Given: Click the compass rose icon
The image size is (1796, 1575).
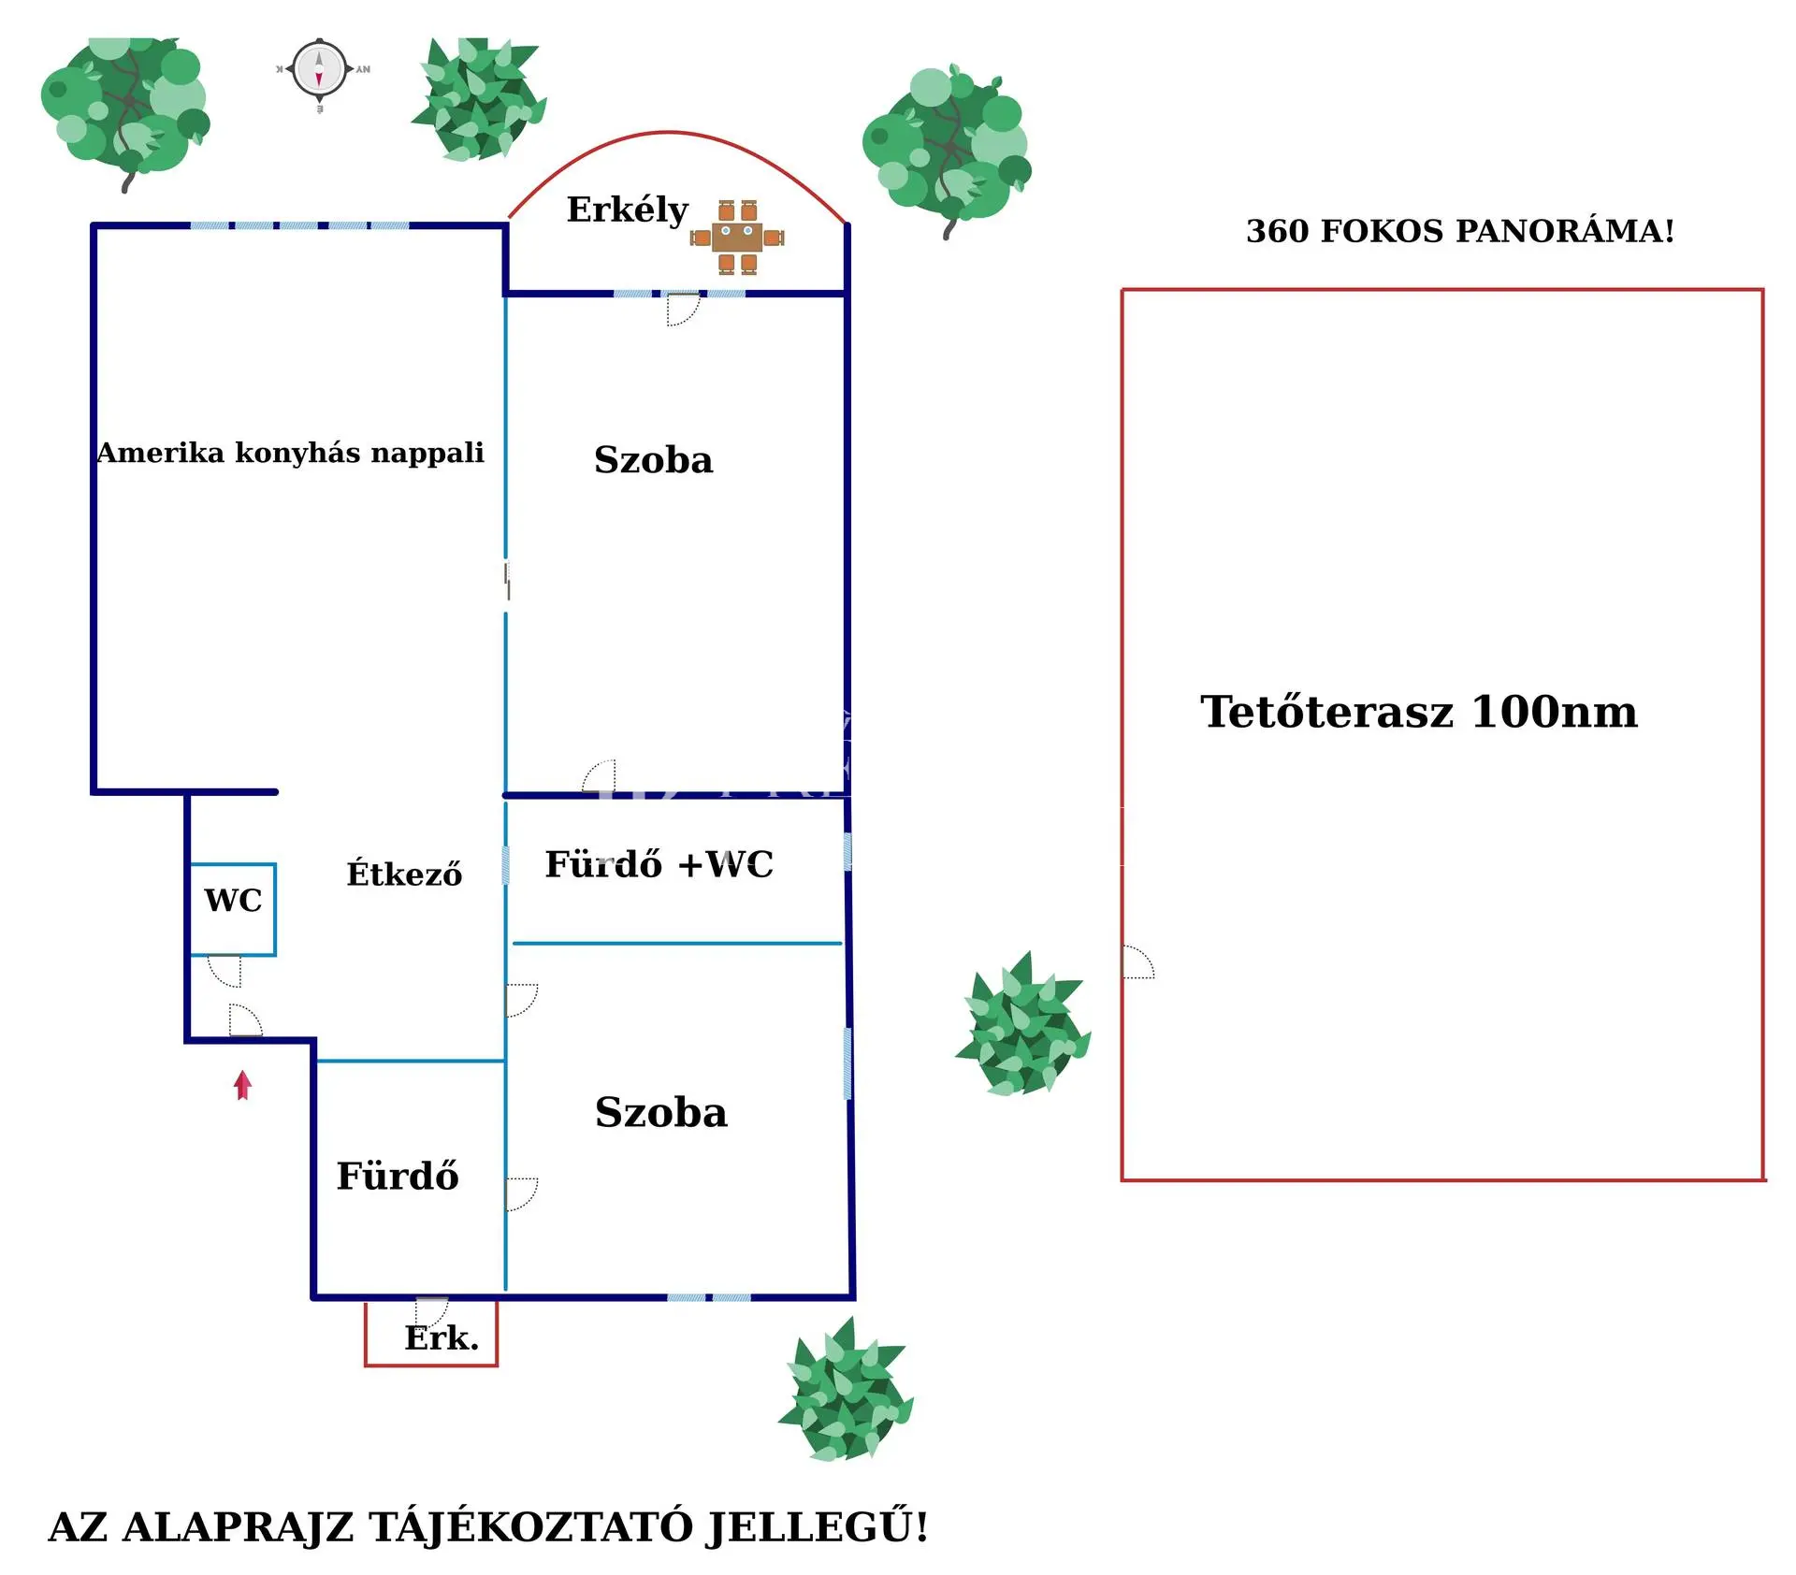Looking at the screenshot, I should point(319,70).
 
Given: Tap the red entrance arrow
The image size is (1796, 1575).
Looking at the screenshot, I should point(243,1085).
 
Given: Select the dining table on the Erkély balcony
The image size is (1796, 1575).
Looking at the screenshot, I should point(737,238).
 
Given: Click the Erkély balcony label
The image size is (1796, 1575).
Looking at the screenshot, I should point(627,210).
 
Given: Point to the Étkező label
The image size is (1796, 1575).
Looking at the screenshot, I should point(404,874).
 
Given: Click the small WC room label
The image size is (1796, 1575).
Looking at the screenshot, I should point(233,901).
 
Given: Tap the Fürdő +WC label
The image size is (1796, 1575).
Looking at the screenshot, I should point(659,864).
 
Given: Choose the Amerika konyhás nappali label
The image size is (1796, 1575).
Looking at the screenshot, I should point(290,453).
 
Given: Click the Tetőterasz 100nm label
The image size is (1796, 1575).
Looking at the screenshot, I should point(1418,712).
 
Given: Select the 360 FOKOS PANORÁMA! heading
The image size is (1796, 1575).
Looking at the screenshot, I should point(1459,231).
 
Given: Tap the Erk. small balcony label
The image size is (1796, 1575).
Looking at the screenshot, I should point(441,1338).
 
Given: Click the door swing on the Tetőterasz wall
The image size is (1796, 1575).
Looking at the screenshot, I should point(1137,962).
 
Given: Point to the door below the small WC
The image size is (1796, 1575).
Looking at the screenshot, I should point(225,970).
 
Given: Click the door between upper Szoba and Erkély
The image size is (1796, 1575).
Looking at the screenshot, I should point(682,309).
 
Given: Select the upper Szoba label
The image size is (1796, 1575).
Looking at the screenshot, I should point(653,460).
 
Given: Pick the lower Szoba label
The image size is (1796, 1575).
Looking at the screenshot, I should point(660,1112).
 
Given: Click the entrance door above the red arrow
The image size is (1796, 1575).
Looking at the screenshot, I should point(245,1020).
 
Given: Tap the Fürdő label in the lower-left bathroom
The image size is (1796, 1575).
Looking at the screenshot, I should point(398,1177).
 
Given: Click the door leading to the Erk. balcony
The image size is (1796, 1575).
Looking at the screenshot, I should point(431,1309).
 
